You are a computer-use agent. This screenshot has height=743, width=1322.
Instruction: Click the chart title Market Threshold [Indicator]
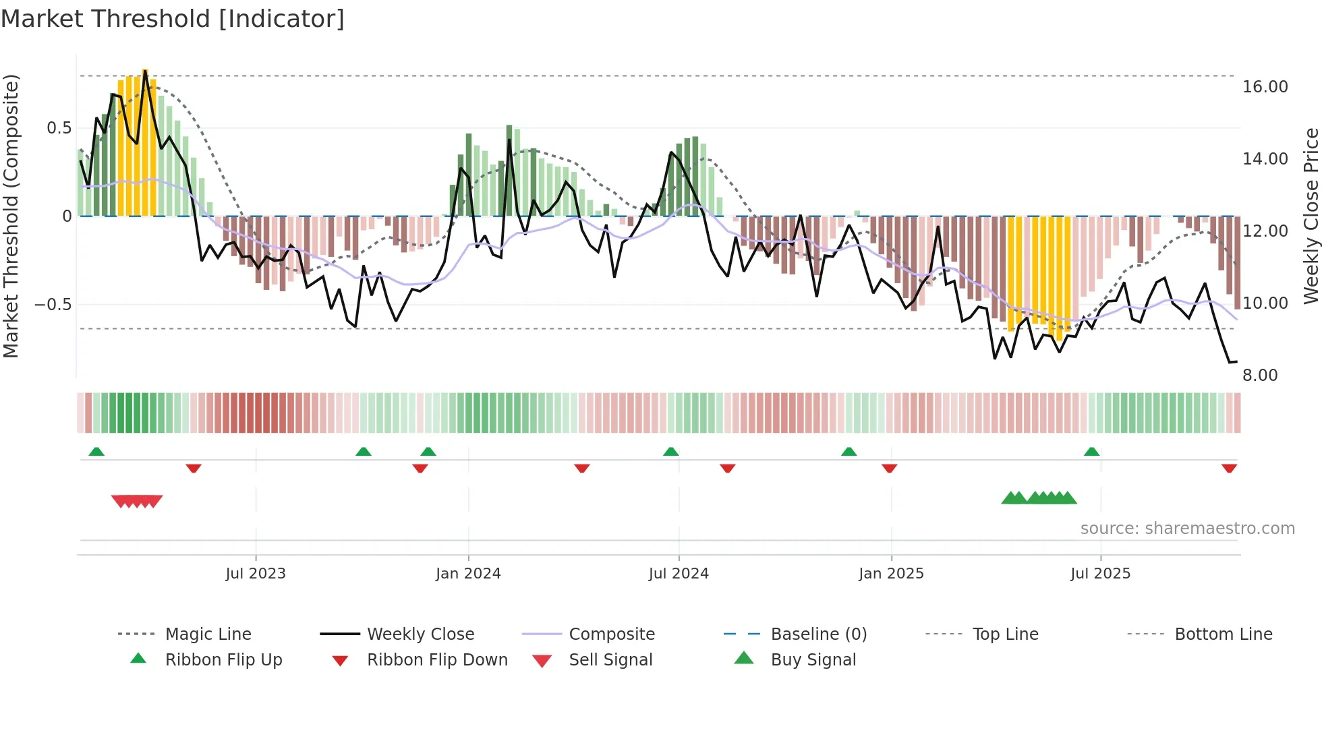point(173,19)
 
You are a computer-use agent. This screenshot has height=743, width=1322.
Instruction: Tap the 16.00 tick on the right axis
point(1265,87)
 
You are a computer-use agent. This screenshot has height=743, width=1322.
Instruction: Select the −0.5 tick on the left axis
point(53,305)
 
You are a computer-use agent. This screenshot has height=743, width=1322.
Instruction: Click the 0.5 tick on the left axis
point(59,128)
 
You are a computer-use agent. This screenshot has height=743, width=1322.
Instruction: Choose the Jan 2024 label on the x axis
point(468,574)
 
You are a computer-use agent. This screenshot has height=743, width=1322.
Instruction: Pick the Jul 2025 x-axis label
point(1100,574)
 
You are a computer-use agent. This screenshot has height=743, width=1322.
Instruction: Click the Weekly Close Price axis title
point(1311,216)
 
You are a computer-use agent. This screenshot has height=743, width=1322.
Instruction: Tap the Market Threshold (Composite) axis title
point(11,216)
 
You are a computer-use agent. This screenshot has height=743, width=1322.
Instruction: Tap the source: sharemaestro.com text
point(1187,529)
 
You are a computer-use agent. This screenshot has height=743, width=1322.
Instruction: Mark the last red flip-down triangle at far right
point(1229,468)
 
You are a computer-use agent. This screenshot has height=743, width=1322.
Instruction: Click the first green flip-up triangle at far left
point(96,452)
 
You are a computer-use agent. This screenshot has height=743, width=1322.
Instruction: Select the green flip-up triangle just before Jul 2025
point(1091,452)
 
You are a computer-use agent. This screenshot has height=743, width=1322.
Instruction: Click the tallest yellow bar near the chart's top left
point(145,142)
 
